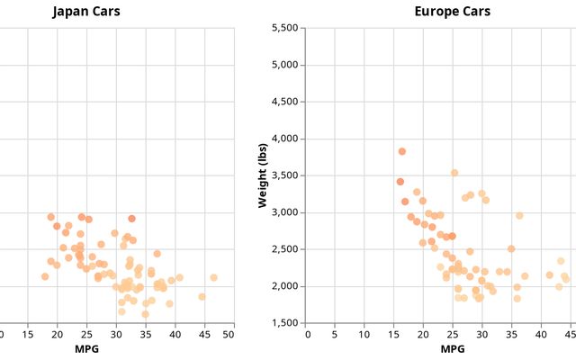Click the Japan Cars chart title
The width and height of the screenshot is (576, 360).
coord(86,12)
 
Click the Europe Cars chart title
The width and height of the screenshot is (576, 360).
coord(453,12)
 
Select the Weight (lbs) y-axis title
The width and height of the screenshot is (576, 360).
coord(264,175)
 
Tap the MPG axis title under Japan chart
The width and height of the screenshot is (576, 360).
coord(86,348)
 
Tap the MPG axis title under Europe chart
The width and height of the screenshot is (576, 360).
coord(453,348)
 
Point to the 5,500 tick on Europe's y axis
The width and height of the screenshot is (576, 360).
coord(283,28)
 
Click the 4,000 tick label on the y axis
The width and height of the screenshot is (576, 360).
coord(283,139)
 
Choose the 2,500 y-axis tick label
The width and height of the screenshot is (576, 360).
coord(283,249)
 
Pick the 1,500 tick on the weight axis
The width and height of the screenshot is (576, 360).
coord(283,323)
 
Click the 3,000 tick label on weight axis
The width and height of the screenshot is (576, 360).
coord(283,212)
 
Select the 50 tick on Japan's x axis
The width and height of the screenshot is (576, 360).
coord(229,335)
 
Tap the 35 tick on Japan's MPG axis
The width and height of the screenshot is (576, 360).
coord(144,335)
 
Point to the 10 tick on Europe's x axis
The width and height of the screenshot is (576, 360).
coord(365,335)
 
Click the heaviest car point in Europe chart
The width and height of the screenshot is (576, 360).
coord(402,151)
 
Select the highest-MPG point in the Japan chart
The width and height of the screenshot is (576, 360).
coord(213,278)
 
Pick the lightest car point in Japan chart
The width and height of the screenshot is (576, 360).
coord(145,314)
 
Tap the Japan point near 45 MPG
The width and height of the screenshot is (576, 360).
coord(202,296)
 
